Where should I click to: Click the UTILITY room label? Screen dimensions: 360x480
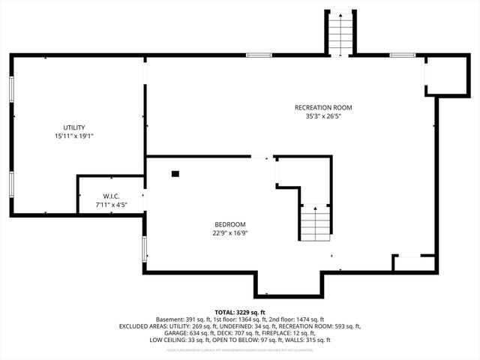pos(73,127)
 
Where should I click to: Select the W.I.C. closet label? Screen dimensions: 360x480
pos(102,196)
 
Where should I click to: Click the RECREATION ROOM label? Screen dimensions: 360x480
pos(322,107)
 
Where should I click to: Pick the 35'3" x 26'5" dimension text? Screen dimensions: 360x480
pos(322,116)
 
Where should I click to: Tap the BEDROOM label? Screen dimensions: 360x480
pos(229,224)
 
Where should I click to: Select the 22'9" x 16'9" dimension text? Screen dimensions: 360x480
pos(229,232)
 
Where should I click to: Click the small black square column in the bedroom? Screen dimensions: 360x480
pos(175,174)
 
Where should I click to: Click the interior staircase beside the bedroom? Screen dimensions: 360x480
pos(316,222)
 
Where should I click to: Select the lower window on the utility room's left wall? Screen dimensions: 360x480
pos(11,184)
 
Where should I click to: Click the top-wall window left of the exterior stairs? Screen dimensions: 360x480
pos(259,55)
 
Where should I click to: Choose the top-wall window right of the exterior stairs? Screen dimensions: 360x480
pos(403,55)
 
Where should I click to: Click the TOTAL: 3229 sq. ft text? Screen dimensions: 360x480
pos(240,312)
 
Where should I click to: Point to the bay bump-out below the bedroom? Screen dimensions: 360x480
pos(289,283)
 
